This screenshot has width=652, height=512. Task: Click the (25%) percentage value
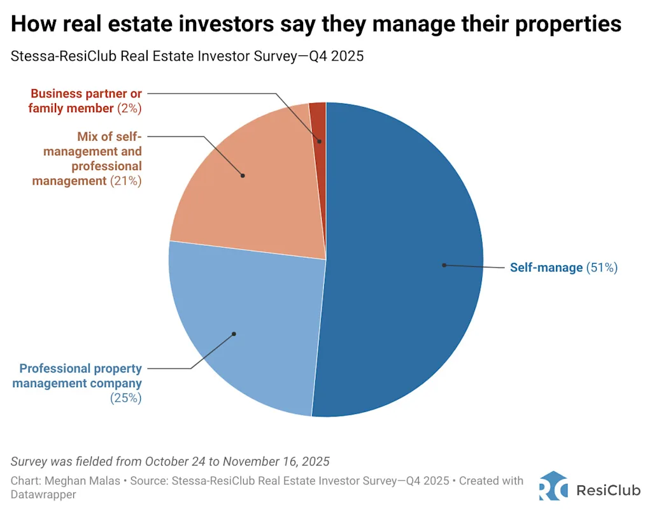click(125, 399)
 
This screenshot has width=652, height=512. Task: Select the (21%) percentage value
click(125, 181)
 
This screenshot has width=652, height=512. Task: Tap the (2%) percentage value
click(129, 108)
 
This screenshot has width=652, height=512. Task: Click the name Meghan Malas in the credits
click(93, 481)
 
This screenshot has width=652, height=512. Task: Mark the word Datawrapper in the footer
click(43, 494)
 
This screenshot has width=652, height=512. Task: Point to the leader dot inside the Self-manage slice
click(444, 265)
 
